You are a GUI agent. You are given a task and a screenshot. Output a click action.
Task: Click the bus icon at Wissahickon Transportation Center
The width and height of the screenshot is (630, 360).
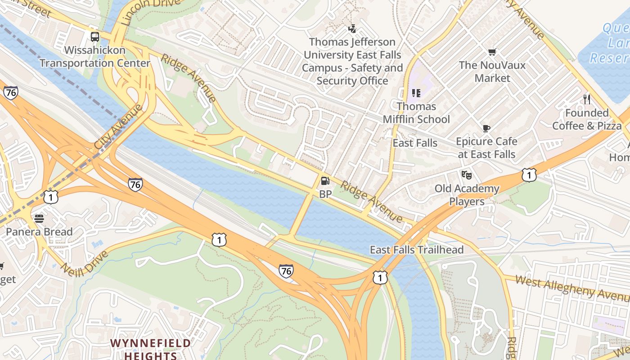(x=95, y=37)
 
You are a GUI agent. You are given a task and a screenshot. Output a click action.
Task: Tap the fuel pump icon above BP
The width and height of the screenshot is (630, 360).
(x=325, y=181)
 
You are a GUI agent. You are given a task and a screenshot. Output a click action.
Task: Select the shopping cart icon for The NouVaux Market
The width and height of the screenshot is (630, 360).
(x=492, y=52)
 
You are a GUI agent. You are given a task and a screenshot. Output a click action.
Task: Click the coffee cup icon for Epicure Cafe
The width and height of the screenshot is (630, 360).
(x=486, y=129)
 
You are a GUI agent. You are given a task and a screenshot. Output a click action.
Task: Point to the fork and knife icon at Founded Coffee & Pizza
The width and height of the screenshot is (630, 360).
(x=587, y=99)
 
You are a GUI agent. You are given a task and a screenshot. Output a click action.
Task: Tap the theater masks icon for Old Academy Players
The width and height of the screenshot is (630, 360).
(x=467, y=175)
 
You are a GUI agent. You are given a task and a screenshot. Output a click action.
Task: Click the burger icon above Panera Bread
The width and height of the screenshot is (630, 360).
(x=39, y=219)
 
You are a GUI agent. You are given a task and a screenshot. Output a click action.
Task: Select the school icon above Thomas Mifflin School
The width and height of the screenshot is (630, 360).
(x=416, y=93)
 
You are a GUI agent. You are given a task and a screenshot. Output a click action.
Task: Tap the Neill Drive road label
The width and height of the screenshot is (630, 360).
(x=85, y=263)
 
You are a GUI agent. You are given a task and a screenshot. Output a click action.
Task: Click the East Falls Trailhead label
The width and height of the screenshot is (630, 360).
(x=416, y=250)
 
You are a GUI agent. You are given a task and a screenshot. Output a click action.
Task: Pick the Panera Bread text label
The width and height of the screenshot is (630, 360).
(x=39, y=232)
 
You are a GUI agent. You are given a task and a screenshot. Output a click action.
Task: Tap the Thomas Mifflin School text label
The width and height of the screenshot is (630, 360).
(x=416, y=113)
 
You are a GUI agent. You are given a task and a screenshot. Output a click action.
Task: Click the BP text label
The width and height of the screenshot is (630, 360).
(x=325, y=194)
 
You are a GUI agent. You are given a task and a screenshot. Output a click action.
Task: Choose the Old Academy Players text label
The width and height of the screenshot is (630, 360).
(x=467, y=195)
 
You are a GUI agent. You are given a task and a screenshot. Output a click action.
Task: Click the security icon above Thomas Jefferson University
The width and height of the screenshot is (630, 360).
(x=352, y=29)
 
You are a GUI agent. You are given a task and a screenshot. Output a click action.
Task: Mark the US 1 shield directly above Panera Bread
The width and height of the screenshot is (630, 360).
(x=51, y=197)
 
